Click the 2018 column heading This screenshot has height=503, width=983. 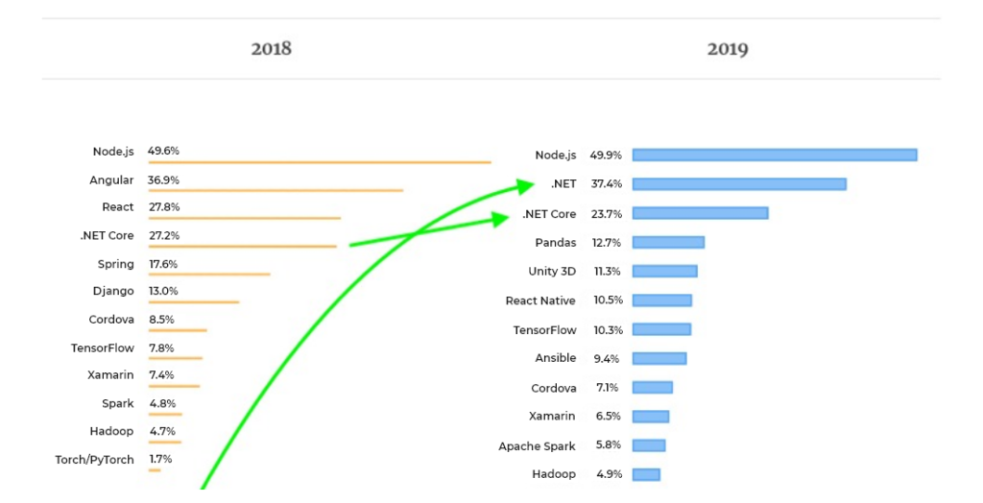pyautogui.click(x=271, y=48)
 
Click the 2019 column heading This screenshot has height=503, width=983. pyautogui.click(x=728, y=49)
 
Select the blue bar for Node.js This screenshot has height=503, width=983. pyautogui.click(x=775, y=155)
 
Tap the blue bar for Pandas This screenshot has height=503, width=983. pyautogui.click(x=668, y=242)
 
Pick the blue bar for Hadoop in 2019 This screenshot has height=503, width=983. pyautogui.click(x=646, y=474)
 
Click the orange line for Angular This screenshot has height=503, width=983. pyautogui.click(x=276, y=191)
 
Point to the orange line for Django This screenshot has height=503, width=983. pyautogui.click(x=193, y=302)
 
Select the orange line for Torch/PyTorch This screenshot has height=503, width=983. pyautogui.click(x=155, y=470)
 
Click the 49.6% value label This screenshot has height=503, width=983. pyautogui.click(x=163, y=151)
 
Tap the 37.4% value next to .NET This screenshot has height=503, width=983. pyautogui.click(x=607, y=183)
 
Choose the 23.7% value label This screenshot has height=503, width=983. pyautogui.click(x=607, y=213)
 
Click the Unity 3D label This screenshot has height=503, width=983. pyautogui.click(x=552, y=272)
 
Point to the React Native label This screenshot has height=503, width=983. pyautogui.click(x=540, y=300)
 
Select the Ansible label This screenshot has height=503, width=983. pyautogui.click(x=556, y=358)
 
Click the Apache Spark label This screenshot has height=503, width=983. pyautogui.click(x=537, y=446)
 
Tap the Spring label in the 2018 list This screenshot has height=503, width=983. pyautogui.click(x=115, y=264)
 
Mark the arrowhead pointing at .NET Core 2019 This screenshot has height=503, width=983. pyautogui.click(x=500, y=220)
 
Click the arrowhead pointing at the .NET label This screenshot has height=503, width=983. pyautogui.click(x=524, y=183)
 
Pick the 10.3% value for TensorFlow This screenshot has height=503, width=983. pyautogui.click(x=608, y=329)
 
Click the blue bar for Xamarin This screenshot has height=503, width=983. pyautogui.click(x=651, y=417)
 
